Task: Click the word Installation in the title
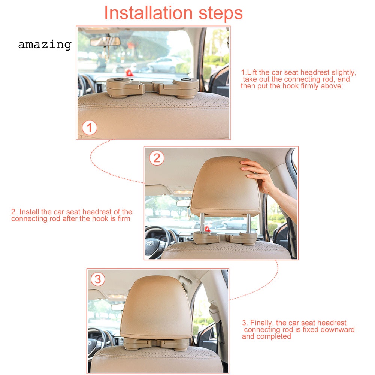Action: click(x=148, y=13)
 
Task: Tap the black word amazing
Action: click(x=45, y=45)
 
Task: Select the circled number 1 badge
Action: click(x=90, y=128)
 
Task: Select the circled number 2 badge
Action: click(x=157, y=158)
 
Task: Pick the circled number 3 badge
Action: click(x=98, y=279)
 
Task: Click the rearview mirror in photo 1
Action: click(x=105, y=42)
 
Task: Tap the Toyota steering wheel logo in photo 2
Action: click(x=150, y=244)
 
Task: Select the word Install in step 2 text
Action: click(x=30, y=212)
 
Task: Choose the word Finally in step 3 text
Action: click(x=261, y=323)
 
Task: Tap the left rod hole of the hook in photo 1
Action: click(x=118, y=79)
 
